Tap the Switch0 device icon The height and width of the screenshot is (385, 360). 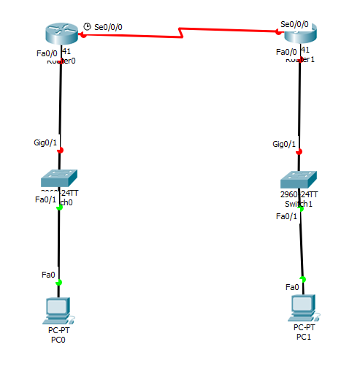[59, 178]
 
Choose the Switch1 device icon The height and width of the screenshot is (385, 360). [299, 180]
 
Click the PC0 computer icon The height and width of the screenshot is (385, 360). [58, 310]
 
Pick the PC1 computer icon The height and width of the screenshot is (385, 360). [302, 308]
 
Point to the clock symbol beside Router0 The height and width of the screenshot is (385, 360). [88, 26]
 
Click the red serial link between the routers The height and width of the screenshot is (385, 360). [183, 32]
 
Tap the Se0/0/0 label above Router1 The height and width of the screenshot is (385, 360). [294, 24]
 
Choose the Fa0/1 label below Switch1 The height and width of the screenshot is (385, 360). [286, 216]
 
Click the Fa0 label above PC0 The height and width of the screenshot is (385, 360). [48, 275]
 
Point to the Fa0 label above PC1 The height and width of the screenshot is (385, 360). [292, 287]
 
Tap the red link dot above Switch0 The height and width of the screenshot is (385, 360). [59, 150]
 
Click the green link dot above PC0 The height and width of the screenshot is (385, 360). [59, 282]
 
